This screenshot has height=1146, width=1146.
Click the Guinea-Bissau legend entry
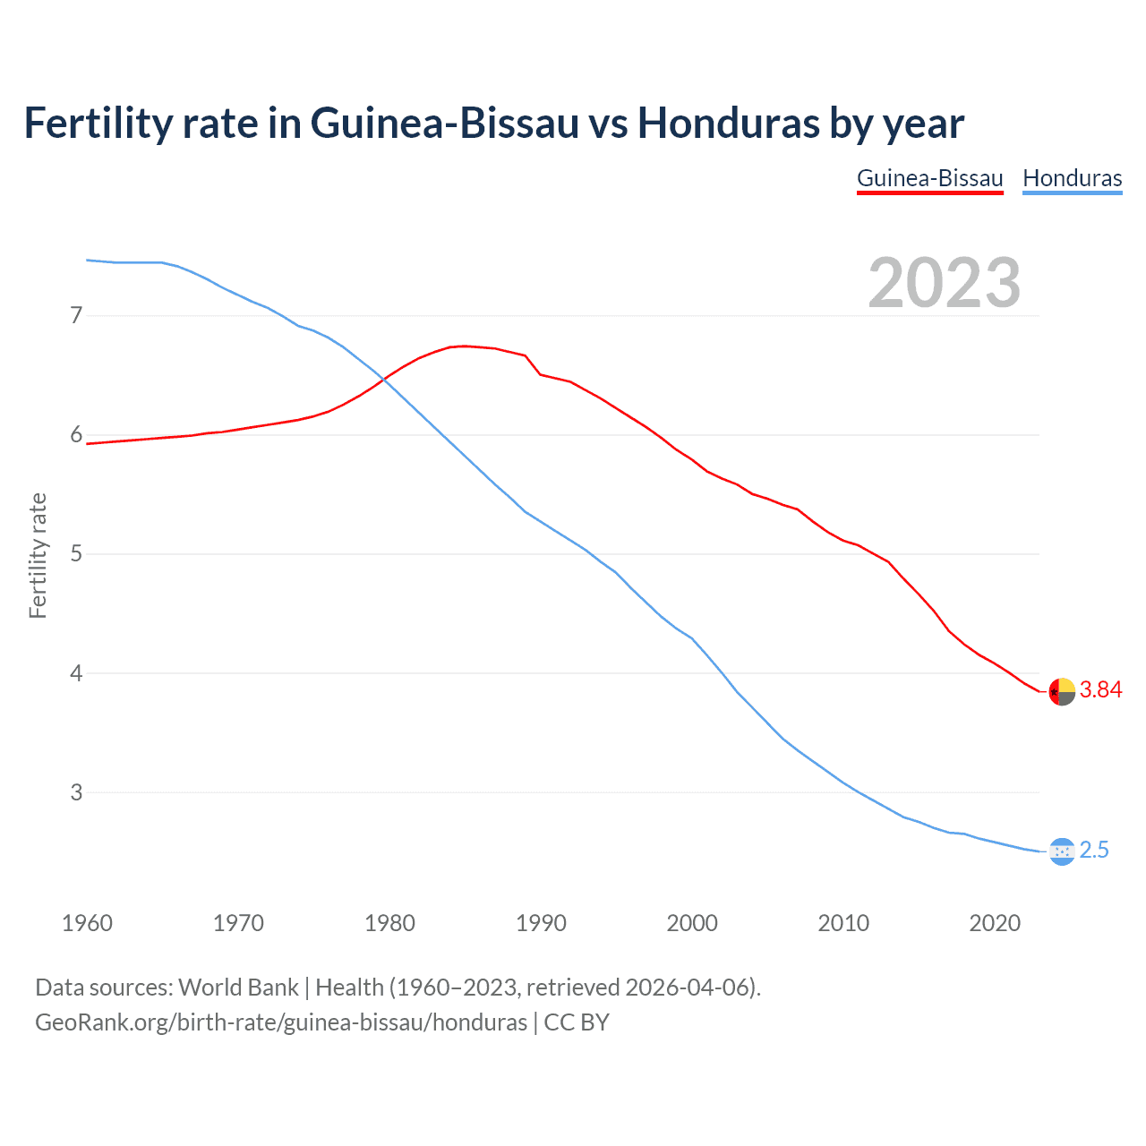pos(929,178)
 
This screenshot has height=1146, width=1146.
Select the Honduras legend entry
pos(1072,178)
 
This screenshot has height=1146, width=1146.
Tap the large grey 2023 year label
pos(944,283)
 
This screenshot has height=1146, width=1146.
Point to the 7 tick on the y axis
pos(76,315)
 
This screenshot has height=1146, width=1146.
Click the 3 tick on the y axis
pos(76,792)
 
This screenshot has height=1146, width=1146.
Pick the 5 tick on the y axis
pos(76,554)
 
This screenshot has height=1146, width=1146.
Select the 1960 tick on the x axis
pos(87,923)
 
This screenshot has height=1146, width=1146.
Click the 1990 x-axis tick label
pos(541,923)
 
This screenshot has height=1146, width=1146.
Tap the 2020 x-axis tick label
pos(995,923)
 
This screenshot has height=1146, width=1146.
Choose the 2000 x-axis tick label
pos(692,923)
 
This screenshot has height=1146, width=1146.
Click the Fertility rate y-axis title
pos(38,555)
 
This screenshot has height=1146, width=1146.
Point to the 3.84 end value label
pos(1100,689)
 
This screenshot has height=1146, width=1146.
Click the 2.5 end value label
pos(1094,850)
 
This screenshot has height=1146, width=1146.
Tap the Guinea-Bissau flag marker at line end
pos(1061,691)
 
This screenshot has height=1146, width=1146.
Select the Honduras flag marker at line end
pos(1061,851)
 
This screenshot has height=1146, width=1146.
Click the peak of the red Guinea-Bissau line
pos(464,346)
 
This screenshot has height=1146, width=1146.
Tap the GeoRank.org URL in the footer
pos(281,1022)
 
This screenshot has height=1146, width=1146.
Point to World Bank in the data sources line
pos(238,988)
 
